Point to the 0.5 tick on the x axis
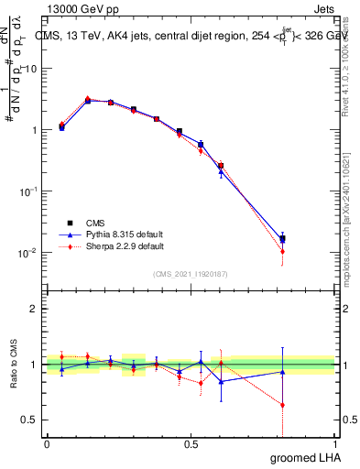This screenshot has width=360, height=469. pyautogui.click(x=191, y=443)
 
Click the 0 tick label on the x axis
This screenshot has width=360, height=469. pyautogui.click(x=47, y=443)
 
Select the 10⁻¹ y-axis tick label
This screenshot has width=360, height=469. pyautogui.click(x=27, y=191)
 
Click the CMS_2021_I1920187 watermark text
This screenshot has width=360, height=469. pyautogui.click(x=191, y=274)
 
